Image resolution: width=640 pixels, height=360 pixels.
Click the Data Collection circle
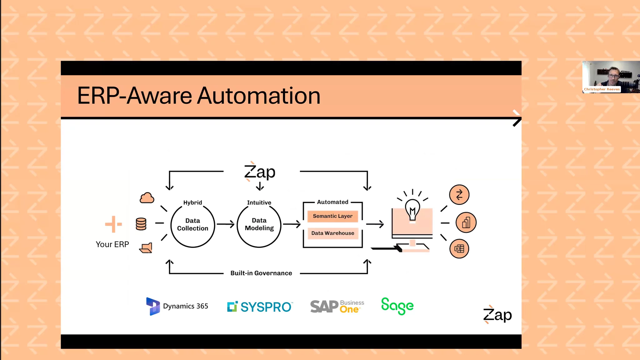(x=192, y=225)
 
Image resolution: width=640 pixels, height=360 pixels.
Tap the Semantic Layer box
(x=332, y=216)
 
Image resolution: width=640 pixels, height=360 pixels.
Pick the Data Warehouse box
(x=332, y=233)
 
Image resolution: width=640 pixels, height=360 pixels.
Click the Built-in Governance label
(x=261, y=273)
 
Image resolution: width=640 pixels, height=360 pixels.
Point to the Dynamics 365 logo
(x=177, y=306)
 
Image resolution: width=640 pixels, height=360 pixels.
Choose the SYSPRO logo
(x=260, y=307)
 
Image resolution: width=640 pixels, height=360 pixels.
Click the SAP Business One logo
(x=337, y=307)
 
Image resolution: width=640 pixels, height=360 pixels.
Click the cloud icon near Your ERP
(x=147, y=198)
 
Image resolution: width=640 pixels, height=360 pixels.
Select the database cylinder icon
(x=141, y=224)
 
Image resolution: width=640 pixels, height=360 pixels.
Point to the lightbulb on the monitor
(x=412, y=210)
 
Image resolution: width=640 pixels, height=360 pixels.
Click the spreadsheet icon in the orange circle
(x=459, y=249)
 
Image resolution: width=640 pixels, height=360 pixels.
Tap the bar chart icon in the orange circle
(x=466, y=222)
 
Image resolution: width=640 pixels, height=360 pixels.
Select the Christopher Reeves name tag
(x=602, y=89)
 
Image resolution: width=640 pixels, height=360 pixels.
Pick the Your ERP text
(x=112, y=244)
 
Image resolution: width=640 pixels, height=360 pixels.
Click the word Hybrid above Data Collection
(x=192, y=202)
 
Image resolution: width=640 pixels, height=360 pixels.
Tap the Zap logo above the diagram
(x=260, y=172)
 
